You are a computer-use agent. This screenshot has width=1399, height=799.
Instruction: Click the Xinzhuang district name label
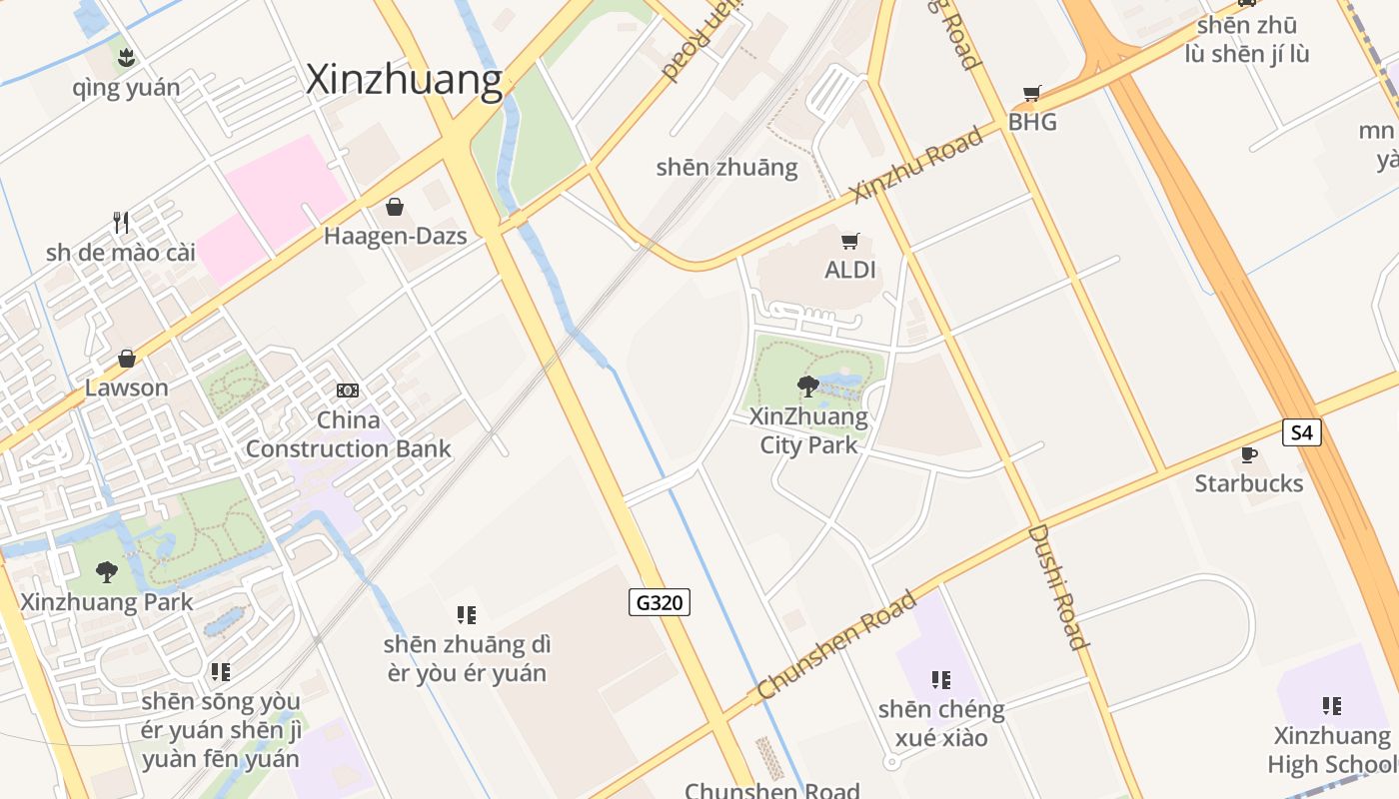pos(404,80)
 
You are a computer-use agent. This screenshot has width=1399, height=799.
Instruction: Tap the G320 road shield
pos(660,602)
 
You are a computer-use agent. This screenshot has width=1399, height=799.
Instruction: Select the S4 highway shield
pos(1302,432)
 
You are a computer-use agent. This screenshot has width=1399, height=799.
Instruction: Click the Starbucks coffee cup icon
pos(1248,455)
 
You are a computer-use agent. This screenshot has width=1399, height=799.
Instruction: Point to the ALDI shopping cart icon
pos(850,241)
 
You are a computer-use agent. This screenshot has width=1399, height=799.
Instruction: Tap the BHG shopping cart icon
pos(1032,94)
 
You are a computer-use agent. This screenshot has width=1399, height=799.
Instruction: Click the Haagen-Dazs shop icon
pos(395,207)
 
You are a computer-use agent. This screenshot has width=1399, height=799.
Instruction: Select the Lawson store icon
pos(127,359)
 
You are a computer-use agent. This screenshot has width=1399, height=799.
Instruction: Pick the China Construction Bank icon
pos(348,390)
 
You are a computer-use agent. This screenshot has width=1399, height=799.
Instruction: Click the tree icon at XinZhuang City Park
pos(807,386)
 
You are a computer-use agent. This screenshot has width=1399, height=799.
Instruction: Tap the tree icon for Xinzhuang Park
pos(106,572)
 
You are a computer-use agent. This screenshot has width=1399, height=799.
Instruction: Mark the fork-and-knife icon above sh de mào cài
pos(121,222)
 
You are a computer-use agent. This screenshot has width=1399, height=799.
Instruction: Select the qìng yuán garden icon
pos(126,58)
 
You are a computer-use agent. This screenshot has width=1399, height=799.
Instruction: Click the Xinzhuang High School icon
pos(1332,706)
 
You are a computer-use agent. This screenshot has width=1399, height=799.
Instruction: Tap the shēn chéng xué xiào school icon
pos(941,680)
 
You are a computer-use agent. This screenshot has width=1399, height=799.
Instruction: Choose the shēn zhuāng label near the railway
pos(726,167)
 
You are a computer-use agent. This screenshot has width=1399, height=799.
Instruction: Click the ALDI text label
pos(850,270)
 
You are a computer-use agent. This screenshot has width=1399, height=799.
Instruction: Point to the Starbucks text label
pos(1249,483)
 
